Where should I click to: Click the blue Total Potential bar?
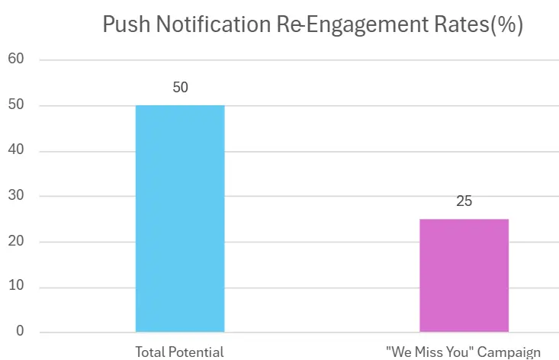click(180, 218)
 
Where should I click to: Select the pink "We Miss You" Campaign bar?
click(464, 275)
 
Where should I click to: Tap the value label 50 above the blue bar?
click(180, 88)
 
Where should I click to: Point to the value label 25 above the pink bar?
click(464, 202)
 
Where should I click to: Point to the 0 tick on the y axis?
click(20, 333)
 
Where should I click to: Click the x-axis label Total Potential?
click(180, 352)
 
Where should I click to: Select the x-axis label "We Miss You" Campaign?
click(464, 352)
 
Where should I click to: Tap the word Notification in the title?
click(208, 25)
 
